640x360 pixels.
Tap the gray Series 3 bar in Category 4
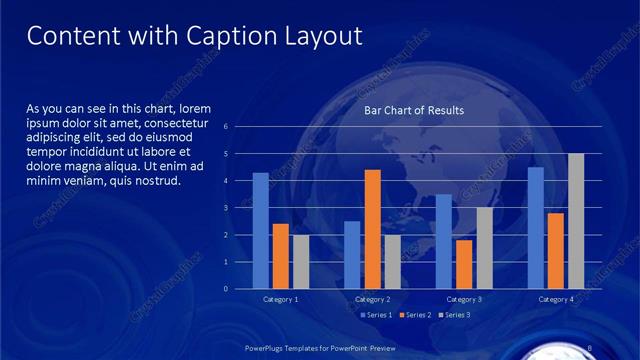point(576,221)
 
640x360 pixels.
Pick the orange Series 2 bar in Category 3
point(464,264)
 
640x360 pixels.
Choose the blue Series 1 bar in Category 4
point(536,228)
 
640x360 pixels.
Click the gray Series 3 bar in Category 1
point(301,262)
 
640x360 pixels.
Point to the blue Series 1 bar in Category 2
point(352,255)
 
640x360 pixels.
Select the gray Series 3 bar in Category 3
point(484,248)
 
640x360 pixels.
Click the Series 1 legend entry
point(376,315)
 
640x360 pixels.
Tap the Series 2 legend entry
point(414,315)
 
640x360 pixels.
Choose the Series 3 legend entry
point(453,315)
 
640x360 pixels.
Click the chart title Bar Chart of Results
point(413,111)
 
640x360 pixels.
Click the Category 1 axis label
point(280,299)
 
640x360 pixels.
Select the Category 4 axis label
point(556,299)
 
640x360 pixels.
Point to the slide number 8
point(590,348)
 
